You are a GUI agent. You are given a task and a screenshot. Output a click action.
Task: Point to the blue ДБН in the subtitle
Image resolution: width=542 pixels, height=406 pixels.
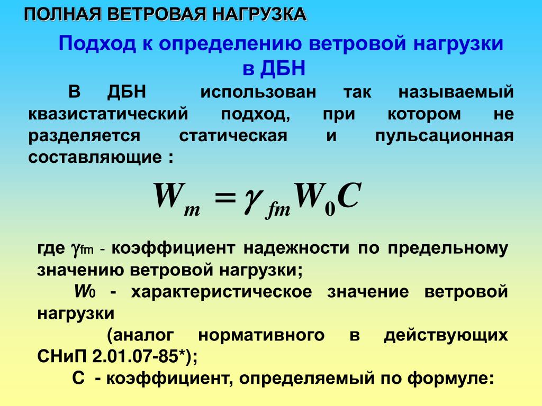283,68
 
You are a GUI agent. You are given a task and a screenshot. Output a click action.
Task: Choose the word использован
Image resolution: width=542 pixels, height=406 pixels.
258,93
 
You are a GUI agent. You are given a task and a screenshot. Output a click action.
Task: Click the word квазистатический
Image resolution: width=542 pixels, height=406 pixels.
108,114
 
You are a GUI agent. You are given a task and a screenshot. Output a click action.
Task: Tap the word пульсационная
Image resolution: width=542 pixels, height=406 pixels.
445,136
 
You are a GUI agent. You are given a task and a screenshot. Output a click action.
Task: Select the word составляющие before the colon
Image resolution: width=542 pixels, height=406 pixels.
95,158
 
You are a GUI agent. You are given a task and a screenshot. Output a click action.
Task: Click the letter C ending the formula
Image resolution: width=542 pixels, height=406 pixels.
349,195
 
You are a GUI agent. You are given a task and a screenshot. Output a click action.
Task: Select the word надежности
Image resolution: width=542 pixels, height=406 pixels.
296,248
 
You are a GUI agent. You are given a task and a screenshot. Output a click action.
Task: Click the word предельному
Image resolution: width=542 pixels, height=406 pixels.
448,248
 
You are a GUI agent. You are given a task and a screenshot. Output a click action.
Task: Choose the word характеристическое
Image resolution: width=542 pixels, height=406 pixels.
222,292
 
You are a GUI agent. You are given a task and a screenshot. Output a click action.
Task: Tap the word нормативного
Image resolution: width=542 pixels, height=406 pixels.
261,335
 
